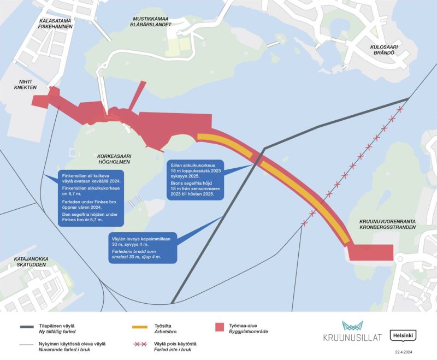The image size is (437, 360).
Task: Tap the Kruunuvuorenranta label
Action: coord(388,221)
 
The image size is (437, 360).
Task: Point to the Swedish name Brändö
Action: coord(383,55)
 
